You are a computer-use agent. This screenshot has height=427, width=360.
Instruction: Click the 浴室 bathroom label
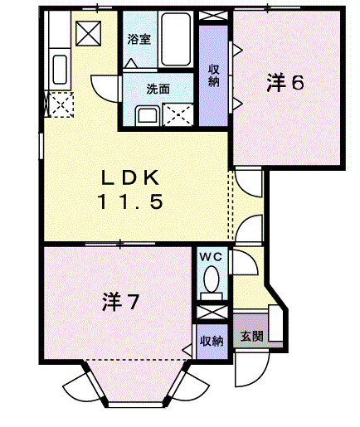click(139, 39)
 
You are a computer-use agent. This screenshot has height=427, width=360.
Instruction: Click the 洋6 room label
click(286, 82)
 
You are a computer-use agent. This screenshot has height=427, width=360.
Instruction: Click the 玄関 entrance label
click(252, 337)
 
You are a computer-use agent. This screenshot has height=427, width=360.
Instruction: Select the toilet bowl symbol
click(212, 279)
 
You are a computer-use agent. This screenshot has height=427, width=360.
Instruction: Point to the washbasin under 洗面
click(148, 115)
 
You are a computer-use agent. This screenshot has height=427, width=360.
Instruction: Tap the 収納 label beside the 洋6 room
click(213, 75)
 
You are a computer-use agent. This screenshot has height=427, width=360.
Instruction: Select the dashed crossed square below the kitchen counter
click(60, 104)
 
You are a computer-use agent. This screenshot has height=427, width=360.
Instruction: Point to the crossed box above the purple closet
click(212, 16)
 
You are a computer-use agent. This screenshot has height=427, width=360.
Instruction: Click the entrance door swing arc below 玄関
click(247, 369)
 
